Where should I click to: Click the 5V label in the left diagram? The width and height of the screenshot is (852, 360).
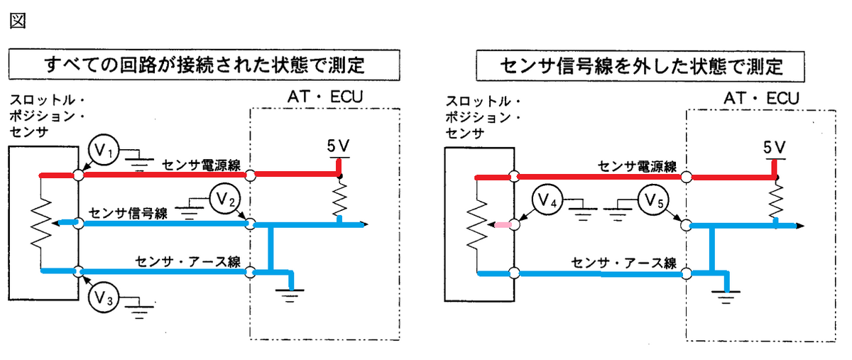point(338,146)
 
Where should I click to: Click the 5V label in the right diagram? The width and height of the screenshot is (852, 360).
point(775,147)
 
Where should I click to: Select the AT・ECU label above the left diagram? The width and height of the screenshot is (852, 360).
point(325,97)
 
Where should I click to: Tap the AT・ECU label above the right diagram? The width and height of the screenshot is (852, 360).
point(761,98)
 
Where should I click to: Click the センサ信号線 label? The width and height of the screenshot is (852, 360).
point(129,213)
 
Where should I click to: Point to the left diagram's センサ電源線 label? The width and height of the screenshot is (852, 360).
point(202,165)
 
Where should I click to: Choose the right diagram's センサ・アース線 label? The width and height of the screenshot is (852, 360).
point(624,263)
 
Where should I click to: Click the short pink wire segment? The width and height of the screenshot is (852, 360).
point(503,225)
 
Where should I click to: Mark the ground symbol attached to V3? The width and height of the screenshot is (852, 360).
point(139,308)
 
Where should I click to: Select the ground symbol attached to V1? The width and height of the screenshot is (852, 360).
point(139,160)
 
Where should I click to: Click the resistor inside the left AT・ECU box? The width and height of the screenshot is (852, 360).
point(339,200)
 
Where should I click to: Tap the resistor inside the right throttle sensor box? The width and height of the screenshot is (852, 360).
point(477,224)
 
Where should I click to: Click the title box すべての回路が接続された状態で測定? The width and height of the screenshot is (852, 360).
point(204,65)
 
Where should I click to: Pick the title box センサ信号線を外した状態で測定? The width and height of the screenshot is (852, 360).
point(640,66)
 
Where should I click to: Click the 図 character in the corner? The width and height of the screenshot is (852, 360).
point(18,21)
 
